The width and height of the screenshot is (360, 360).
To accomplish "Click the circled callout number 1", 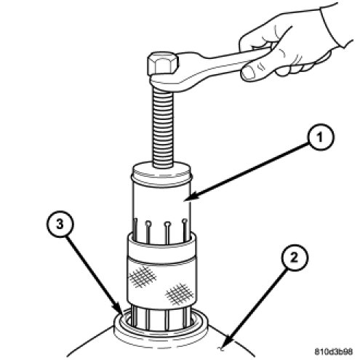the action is pos(321,137).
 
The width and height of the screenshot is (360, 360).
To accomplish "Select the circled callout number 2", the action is pos(294,257).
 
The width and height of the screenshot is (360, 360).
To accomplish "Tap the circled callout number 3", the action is pos(60,225).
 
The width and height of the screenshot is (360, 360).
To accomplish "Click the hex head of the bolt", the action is pos(162,63).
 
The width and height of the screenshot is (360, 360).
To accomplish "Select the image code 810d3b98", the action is pos(334,351).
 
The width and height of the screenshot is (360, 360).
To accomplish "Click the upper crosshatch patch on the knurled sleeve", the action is pos(142,276).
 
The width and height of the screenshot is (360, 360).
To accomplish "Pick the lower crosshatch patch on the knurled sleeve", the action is pos(179,294).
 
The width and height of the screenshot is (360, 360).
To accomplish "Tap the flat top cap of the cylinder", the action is pos(162,169).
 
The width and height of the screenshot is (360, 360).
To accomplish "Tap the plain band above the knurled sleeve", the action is pos(162,252).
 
